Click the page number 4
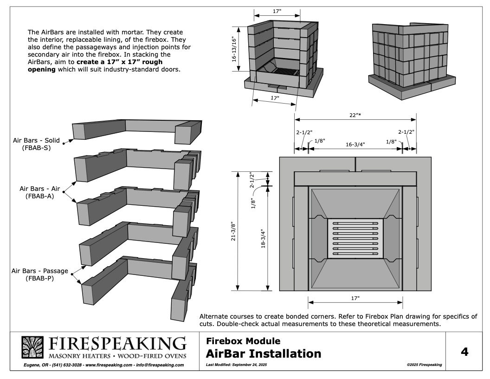[x=464, y=352]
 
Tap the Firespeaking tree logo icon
[x=32, y=347]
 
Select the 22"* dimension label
[x=355, y=115]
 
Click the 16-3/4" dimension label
[x=355, y=144]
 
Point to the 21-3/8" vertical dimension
[x=233, y=231]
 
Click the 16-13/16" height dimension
[x=234, y=49]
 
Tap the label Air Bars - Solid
[x=36, y=140]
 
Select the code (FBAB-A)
[x=40, y=196]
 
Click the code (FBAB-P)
[x=40, y=278]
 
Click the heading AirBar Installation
[x=264, y=353]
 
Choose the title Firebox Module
[x=243, y=341]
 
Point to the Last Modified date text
[x=237, y=365]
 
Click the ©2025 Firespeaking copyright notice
[x=425, y=365]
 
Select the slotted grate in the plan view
[x=355, y=238]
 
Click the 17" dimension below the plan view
[x=355, y=298]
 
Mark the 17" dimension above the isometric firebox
[x=277, y=11]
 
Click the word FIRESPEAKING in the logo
[x=117, y=344]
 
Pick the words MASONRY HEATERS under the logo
[x=79, y=356]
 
